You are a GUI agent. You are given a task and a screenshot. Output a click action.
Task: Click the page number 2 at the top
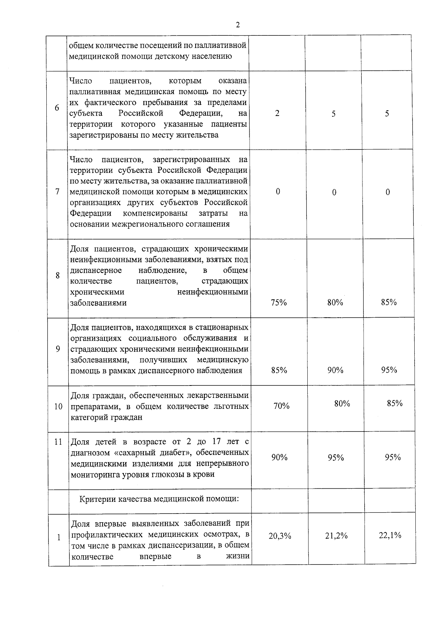click(x=238, y=25)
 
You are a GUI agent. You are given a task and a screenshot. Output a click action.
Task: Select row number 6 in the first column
click(x=57, y=108)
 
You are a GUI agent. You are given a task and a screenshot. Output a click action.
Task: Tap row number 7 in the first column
click(x=58, y=192)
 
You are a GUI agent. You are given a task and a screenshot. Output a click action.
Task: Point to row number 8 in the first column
click(x=58, y=275)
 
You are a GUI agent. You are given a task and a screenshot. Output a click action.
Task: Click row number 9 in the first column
click(x=58, y=349)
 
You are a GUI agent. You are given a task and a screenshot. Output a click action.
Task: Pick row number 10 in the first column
click(x=58, y=406)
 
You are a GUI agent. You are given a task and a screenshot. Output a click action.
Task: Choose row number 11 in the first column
click(x=58, y=442)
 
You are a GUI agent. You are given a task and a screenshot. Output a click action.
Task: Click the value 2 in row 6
click(x=277, y=113)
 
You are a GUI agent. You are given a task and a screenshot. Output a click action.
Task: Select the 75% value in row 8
click(x=279, y=302)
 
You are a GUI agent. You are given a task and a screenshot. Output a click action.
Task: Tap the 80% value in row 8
click(x=335, y=302)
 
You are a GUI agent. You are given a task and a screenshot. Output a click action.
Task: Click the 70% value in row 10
click(x=281, y=406)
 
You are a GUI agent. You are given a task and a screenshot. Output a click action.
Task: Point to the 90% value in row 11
click(x=279, y=457)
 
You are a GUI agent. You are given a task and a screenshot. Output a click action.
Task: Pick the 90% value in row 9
click(x=335, y=370)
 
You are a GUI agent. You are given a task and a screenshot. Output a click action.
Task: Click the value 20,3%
click(x=280, y=536)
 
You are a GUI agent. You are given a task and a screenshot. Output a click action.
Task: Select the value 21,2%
click(x=336, y=535)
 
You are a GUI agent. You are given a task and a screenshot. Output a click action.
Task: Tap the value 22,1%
click(x=390, y=535)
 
